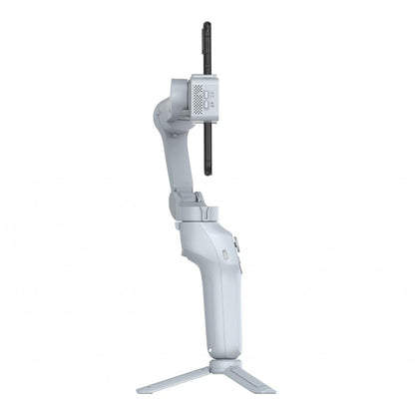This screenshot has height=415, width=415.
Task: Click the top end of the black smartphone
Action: tap(207, 25)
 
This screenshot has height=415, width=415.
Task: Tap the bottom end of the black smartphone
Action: tap(207, 172)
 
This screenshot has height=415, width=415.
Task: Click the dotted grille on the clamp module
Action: tap(198, 97)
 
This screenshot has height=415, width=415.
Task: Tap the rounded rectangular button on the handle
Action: tap(224, 255)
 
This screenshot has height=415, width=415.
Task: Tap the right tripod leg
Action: tap(250, 382)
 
